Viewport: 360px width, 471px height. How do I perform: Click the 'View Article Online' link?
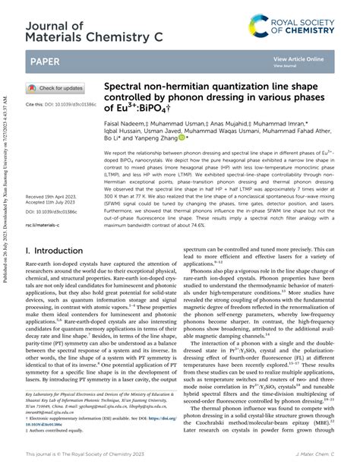tap(298, 58)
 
